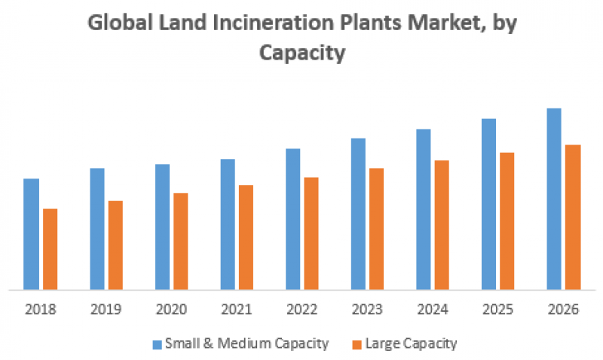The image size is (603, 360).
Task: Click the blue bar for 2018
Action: point(31,233)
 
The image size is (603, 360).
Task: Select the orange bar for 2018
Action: point(50,249)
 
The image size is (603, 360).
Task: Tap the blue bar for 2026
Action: point(554,199)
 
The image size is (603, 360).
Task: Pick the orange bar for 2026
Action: point(573,217)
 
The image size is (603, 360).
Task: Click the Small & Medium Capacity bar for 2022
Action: point(292,218)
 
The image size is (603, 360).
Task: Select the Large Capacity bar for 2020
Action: point(181,241)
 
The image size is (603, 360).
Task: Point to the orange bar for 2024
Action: point(442,224)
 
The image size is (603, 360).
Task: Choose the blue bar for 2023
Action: point(358,213)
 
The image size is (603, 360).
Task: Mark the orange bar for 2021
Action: point(246,237)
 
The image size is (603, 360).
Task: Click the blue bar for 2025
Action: point(488,203)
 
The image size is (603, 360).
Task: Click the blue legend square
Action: point(157,344)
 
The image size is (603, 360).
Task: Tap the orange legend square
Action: point(357,344)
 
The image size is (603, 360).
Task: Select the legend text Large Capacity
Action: point(411,344)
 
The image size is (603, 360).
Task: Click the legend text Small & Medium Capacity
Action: point(248,344)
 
